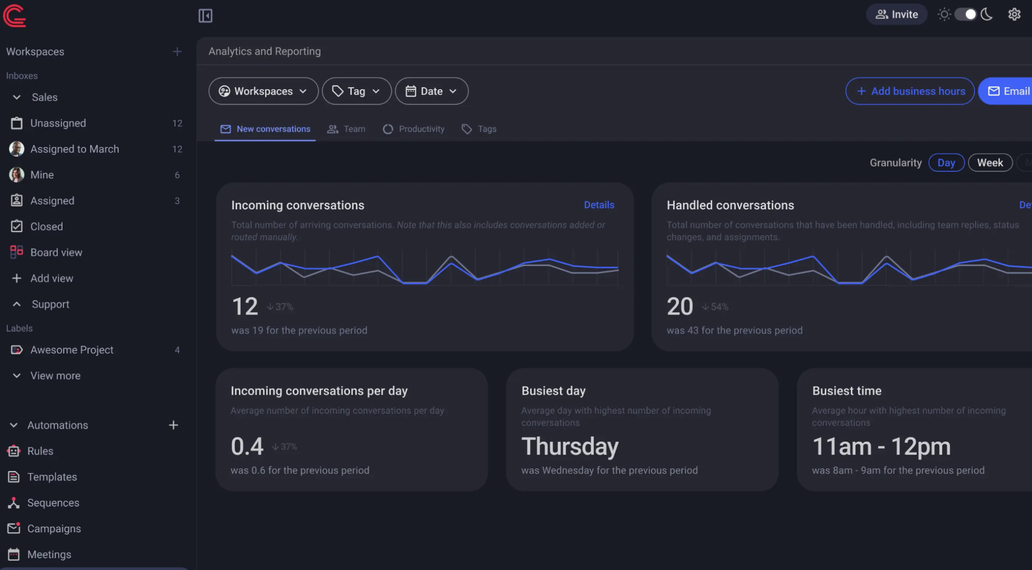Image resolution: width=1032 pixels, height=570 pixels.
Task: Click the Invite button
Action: coord(897,14)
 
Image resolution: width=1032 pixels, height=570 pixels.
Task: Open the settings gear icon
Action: coord(1014,14)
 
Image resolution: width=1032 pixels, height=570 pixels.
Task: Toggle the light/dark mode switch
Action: coord(965,14)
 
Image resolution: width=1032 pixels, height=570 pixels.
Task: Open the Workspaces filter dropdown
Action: coord(263,91)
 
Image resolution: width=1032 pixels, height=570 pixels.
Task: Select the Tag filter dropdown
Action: coord(356,91)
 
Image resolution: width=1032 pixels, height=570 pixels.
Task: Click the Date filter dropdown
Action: coord(432,91)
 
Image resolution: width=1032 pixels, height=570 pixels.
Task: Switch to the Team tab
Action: coord(346,129)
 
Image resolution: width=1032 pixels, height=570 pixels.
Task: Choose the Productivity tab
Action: coord(414,129)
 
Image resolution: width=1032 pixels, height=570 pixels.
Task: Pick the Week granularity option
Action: coord(990,163)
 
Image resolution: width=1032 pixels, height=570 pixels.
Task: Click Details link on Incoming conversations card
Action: coord(599,205)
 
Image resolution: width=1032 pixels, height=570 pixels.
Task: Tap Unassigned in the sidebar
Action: coord(58,123)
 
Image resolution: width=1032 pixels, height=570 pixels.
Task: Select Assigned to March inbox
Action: coord(74,149)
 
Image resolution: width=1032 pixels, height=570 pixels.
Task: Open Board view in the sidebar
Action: coord(56,252)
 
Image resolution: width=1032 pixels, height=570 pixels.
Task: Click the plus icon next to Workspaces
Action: coord(177,52)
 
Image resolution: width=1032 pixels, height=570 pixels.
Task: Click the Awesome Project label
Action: coord(72,350)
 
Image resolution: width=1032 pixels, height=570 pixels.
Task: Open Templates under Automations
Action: coord(52,477)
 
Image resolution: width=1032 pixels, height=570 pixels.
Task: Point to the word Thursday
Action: coord(570,446)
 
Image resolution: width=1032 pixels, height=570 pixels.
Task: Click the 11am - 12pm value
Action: coord(881,446)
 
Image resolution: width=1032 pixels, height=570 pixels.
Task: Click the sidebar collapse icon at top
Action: coord(205,15)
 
